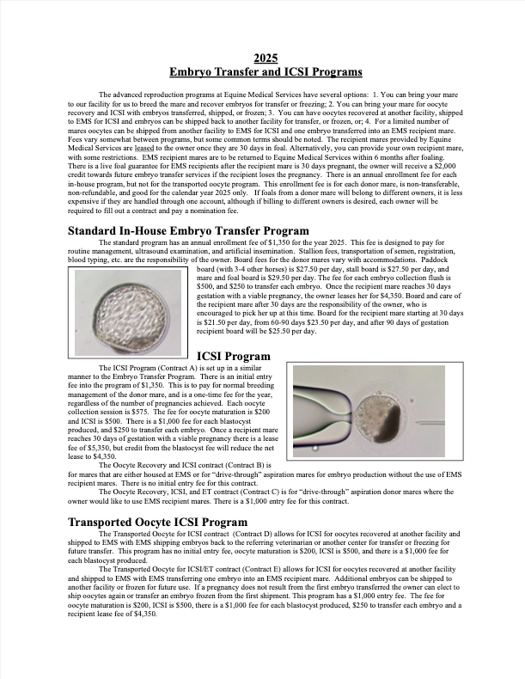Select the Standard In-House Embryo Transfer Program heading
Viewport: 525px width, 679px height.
(187, 231)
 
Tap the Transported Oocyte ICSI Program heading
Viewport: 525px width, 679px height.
(157, 522)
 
